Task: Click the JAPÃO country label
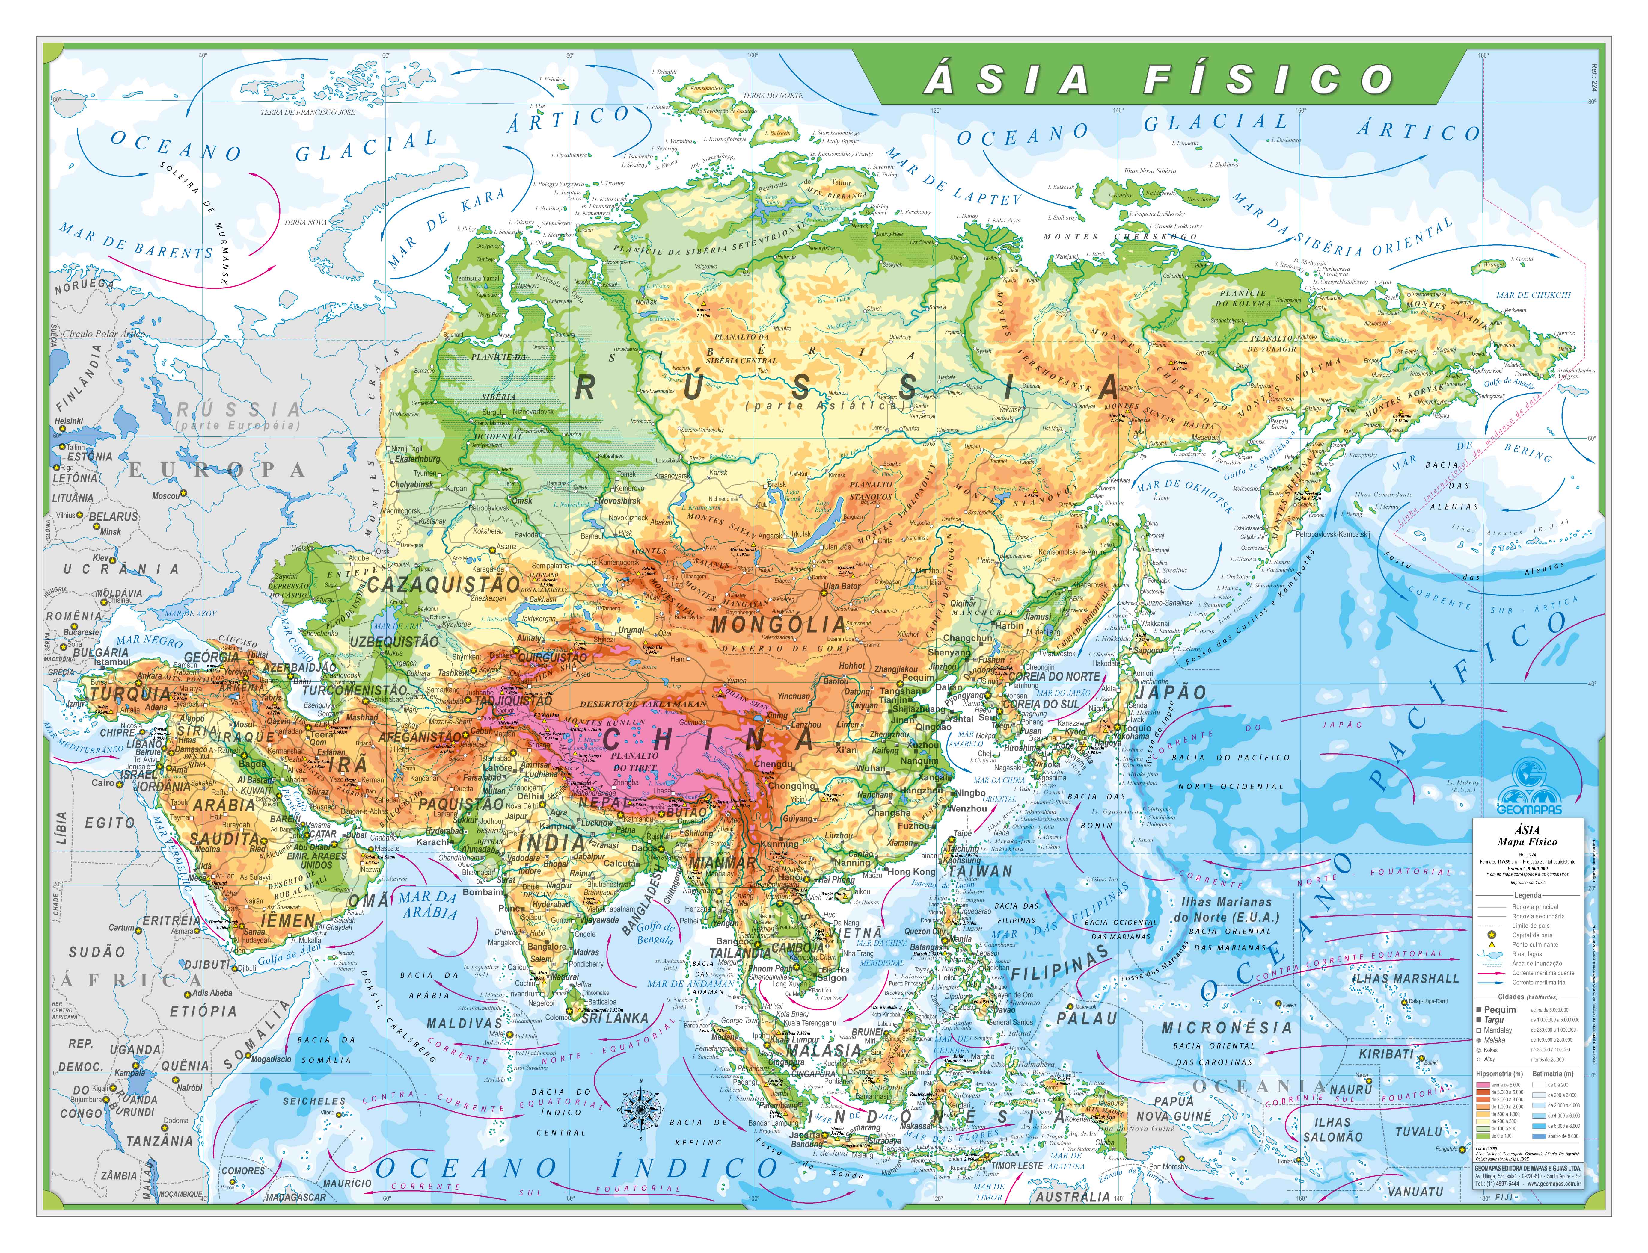tap(1171, 692)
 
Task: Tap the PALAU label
tap(1087, 1019)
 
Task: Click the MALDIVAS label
tap(464, 1023)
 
